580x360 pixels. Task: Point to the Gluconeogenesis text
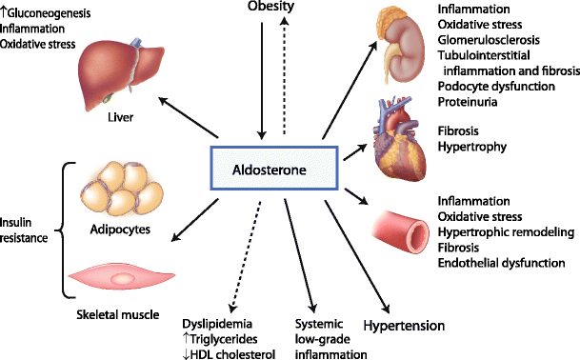point(55,9)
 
